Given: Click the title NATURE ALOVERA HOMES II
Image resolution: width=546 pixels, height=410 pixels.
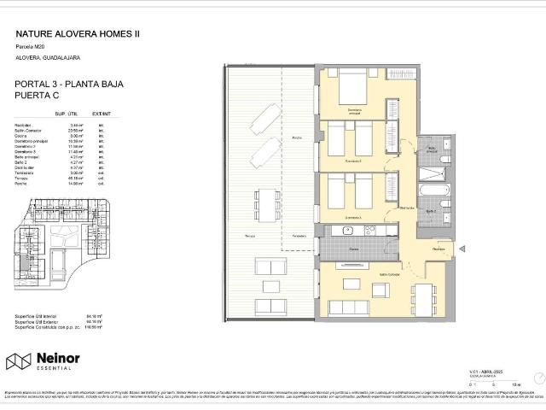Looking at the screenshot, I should (78, 33).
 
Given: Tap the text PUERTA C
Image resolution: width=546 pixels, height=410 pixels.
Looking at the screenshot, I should (39, 97).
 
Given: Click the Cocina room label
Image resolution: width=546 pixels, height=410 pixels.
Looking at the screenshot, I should (354, 249).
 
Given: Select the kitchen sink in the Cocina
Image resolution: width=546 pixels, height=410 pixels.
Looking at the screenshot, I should (348, 230).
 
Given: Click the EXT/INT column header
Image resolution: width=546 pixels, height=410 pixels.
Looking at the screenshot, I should (102, 114).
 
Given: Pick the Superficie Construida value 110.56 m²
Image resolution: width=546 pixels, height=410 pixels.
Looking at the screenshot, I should (94, 329).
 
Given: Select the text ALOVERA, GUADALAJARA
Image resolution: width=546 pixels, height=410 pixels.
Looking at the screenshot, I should (48, 57).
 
